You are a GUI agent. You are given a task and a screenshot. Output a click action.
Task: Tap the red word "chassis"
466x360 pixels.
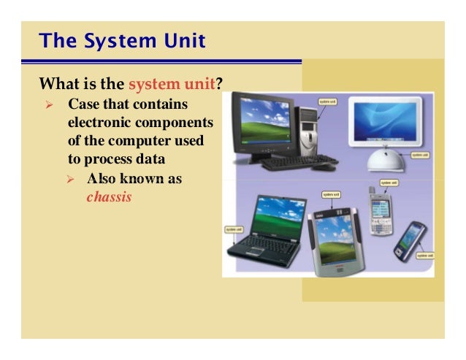109,196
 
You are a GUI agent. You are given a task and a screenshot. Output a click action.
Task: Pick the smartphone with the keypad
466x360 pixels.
379,213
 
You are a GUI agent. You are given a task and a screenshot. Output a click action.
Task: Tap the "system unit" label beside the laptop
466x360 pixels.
234,229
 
